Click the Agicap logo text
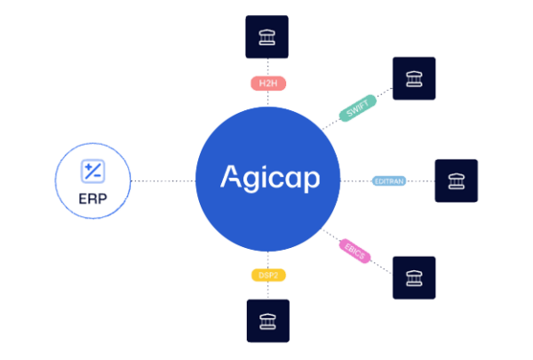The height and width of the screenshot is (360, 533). coord(270,179)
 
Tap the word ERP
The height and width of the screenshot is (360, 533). coord(92,199)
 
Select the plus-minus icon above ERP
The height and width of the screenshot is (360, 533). coord(92,172)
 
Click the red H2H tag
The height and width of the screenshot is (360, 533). coord(268,84)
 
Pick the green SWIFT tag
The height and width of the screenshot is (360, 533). coord(358,108)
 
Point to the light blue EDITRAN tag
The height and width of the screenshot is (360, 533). coord(389,181)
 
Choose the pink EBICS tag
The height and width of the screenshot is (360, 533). coord(354,252)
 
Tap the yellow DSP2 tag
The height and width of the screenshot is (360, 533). coord(268,275)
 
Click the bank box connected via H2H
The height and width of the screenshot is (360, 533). coord(266,36)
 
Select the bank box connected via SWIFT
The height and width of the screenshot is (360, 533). coord(414,78)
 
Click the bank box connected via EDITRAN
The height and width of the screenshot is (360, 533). coord(457,180)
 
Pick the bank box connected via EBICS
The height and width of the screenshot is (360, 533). coord(414,278)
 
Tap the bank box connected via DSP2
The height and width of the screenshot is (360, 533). coord(268,321)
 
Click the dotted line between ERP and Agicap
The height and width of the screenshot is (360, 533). coord(163,180)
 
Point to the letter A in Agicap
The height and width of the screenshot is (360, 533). coord(231,176)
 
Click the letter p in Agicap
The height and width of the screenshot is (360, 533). coord(311,181)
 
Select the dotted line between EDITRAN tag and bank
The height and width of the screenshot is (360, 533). coord(421,181)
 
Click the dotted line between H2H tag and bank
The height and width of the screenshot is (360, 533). coord(268,68)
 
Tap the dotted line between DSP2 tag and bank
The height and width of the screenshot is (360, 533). coord(268,291)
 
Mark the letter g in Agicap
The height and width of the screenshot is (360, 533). coord(251,181)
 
